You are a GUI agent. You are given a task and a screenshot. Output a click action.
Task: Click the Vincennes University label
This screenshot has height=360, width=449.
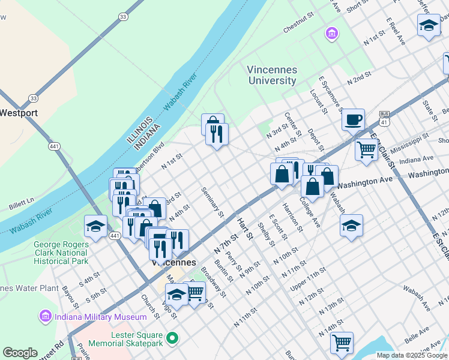click(x=272, y=75)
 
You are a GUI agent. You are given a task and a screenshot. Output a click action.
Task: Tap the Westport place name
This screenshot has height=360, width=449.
click(x=19, y=112)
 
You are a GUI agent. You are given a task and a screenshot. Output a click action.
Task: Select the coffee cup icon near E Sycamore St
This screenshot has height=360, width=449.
click(x=354, y=119)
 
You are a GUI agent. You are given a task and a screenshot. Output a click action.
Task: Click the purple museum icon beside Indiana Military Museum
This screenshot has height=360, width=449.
click(x=44, y=316)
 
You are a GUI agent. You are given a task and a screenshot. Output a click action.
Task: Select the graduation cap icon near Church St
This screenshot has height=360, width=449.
click(x=176, y=295)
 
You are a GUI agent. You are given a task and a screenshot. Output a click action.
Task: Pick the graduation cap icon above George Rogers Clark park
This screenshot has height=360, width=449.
click(x=95, y=226)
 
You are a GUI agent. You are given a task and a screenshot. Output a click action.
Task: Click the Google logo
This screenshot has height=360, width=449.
click(x=20, y=353)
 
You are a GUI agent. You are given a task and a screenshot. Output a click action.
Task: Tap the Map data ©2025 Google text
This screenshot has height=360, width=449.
click(x=411, y=355)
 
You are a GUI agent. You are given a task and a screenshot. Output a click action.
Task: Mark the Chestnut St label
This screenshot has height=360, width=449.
click(x=299, y=27)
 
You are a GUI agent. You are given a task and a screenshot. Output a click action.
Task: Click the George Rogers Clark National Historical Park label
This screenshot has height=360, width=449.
click(x=61, y=253)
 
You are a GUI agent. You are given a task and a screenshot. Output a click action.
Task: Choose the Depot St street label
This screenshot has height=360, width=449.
click(x=316, y=139)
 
